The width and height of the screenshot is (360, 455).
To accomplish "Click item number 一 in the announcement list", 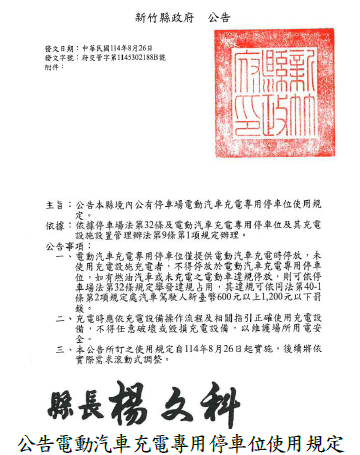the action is (71, 257).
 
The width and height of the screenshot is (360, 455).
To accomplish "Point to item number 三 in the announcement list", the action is (71, 349).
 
